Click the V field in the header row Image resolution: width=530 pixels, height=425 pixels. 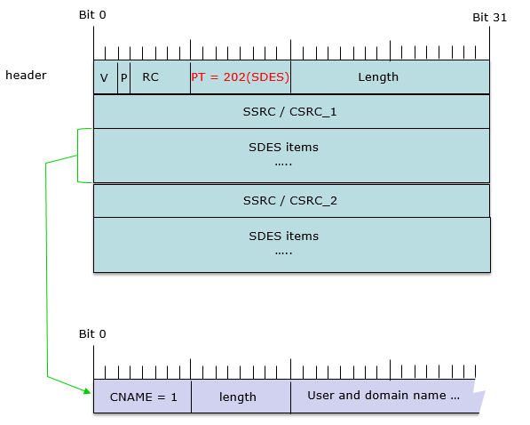106,76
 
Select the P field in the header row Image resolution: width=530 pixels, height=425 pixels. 123,76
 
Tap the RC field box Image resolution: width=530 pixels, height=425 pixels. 160,76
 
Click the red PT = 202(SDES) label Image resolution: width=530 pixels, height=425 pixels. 241,76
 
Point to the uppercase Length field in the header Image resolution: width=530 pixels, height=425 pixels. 390,76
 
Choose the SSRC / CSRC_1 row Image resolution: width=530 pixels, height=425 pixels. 291,111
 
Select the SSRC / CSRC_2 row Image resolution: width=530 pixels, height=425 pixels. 291,200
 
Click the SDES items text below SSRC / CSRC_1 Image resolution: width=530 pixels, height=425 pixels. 283,148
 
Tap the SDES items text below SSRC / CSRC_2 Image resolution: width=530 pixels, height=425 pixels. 283,236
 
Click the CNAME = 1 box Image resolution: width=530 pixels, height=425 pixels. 142,397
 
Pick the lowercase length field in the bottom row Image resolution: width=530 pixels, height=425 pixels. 241,397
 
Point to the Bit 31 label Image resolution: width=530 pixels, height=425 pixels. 490,18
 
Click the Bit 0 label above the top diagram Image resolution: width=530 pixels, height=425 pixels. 92,15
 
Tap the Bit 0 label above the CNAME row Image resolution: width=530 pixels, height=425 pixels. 92,334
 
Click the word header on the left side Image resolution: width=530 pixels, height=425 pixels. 26,76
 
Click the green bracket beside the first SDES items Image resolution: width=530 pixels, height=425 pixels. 78,156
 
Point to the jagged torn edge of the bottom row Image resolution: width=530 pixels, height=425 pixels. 479,397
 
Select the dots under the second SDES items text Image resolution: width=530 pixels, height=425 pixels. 283,253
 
